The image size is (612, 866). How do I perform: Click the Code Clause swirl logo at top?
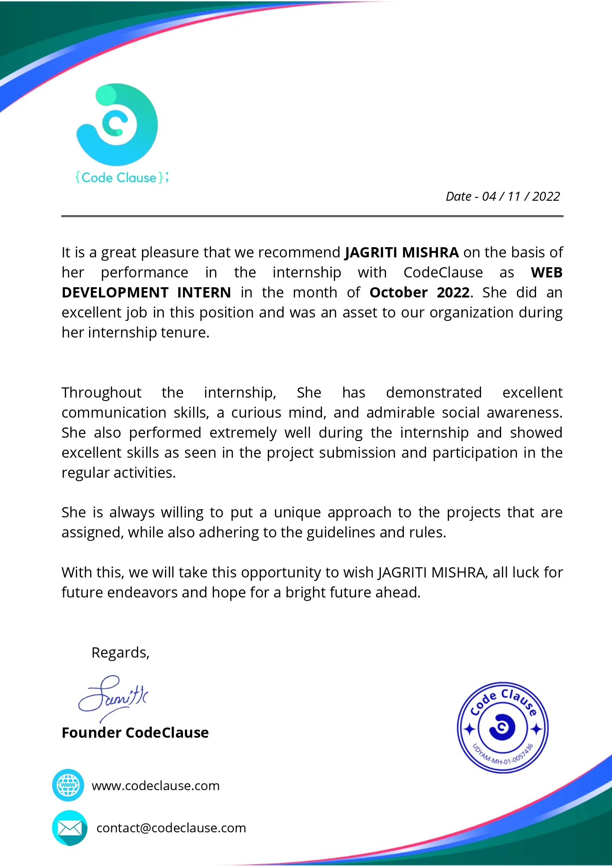pyautogui.click(x=117, y=124)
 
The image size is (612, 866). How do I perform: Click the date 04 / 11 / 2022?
pyautogui.click(x=521, y=196)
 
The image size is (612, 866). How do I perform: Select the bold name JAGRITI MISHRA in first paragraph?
pyautogui.click(x=401, y=253)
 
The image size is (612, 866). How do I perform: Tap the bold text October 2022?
pyautogui.click(x=419, y=293)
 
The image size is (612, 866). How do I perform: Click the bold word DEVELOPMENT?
pyautogui.click(x=115, y=293)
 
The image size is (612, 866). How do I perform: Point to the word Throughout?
pyautogui.click(x=102, y=393)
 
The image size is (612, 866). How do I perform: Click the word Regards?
pyautogui.click(x=120, y=652)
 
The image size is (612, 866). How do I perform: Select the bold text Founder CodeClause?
pyautogui.click(x=135, y=733)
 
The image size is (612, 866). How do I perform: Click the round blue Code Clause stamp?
pyautogui.click(x=503, y=727)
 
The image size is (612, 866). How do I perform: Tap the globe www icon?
pyautogui.click(x=68, y=785)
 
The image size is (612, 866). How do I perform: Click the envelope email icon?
pyautogui.click(x=70, y=828)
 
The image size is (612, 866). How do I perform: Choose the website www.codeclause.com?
pyautogui.click(x=156, y=785)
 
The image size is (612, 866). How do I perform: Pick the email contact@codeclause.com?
pyautogui.click(x=171, y=828)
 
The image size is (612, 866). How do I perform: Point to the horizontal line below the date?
pyautogui.click(x=312, y=216)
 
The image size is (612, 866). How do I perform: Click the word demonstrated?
pyautogui.click(x=434, y=393)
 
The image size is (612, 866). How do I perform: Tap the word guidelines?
pyautogui.click(x=341, y=533)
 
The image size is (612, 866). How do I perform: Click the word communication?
pyautogui.click(x=114, y=413)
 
